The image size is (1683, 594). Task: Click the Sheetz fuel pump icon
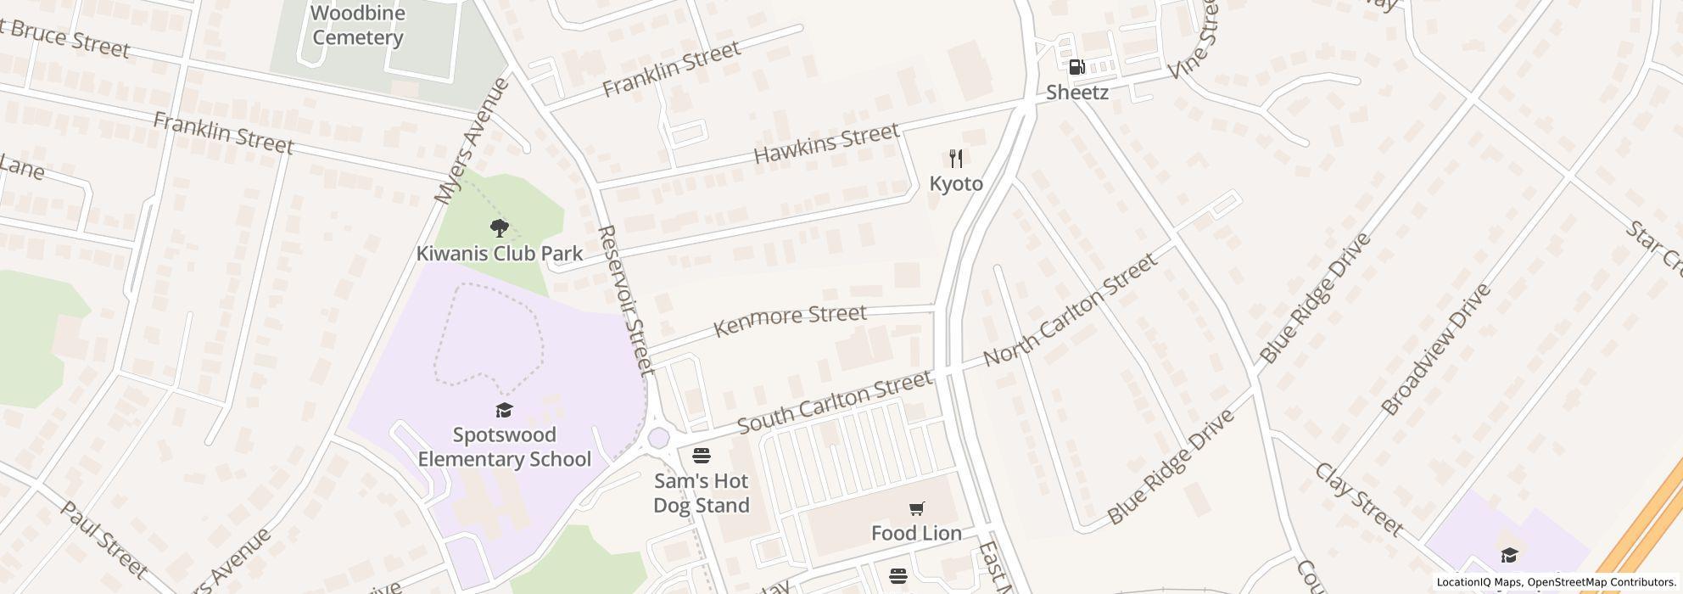pos(1076,67)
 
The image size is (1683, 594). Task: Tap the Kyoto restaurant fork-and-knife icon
pos(956,159)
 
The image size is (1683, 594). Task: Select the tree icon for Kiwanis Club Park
pos(500,227)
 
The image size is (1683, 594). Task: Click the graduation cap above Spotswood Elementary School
pos(505,411)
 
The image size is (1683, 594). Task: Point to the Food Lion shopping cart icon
pos(916,508)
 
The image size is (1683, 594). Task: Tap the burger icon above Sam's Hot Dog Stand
pos(701,456)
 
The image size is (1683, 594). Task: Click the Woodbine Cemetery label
pos(357,25)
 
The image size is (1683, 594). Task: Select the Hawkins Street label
pos(825,143)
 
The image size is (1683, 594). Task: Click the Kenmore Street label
pos(790,320)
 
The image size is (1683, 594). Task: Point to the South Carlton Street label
pos(834,401)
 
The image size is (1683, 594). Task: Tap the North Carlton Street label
pos(1071,309)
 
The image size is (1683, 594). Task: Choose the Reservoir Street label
pos(626,300)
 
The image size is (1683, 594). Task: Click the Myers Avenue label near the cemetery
pos(472,141)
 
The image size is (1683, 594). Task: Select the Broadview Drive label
pos(1435,349)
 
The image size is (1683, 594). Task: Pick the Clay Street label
pos(1358,500)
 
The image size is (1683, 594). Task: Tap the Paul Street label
pos(104,539)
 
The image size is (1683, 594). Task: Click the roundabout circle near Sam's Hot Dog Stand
pos(658,438)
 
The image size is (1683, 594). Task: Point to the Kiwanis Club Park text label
pos(500,254)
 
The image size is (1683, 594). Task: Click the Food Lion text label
pos(916,533)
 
